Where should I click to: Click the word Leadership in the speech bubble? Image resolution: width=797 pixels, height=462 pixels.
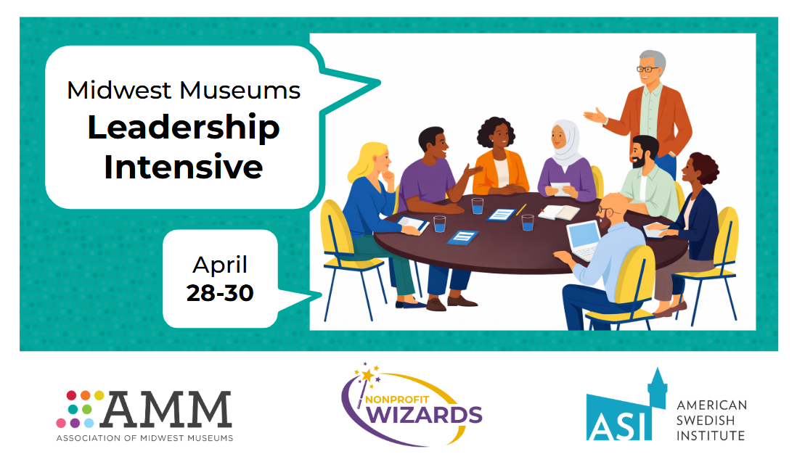click(184, 128)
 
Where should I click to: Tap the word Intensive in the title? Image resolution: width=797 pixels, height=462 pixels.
click(184, 167)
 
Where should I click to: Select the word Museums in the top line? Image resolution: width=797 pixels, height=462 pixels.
click(240, 91)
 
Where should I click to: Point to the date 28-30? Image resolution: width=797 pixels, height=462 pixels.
click(220, 293)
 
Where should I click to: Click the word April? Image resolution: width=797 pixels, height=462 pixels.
click(220, 265)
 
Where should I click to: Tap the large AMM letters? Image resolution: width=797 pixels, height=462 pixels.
click(167, 409)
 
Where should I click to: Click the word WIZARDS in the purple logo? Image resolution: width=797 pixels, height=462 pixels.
click(424, 415)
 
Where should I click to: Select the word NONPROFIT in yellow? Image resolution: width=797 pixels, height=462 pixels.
click(397, 400)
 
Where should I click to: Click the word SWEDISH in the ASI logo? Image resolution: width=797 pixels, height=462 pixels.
click(705, 421)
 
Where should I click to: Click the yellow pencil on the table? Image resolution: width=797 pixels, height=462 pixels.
click(521, 209)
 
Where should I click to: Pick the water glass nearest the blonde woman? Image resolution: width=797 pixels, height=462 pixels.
click(440, 224)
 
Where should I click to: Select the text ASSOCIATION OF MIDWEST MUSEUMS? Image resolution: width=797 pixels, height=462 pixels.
click(144, 438)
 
